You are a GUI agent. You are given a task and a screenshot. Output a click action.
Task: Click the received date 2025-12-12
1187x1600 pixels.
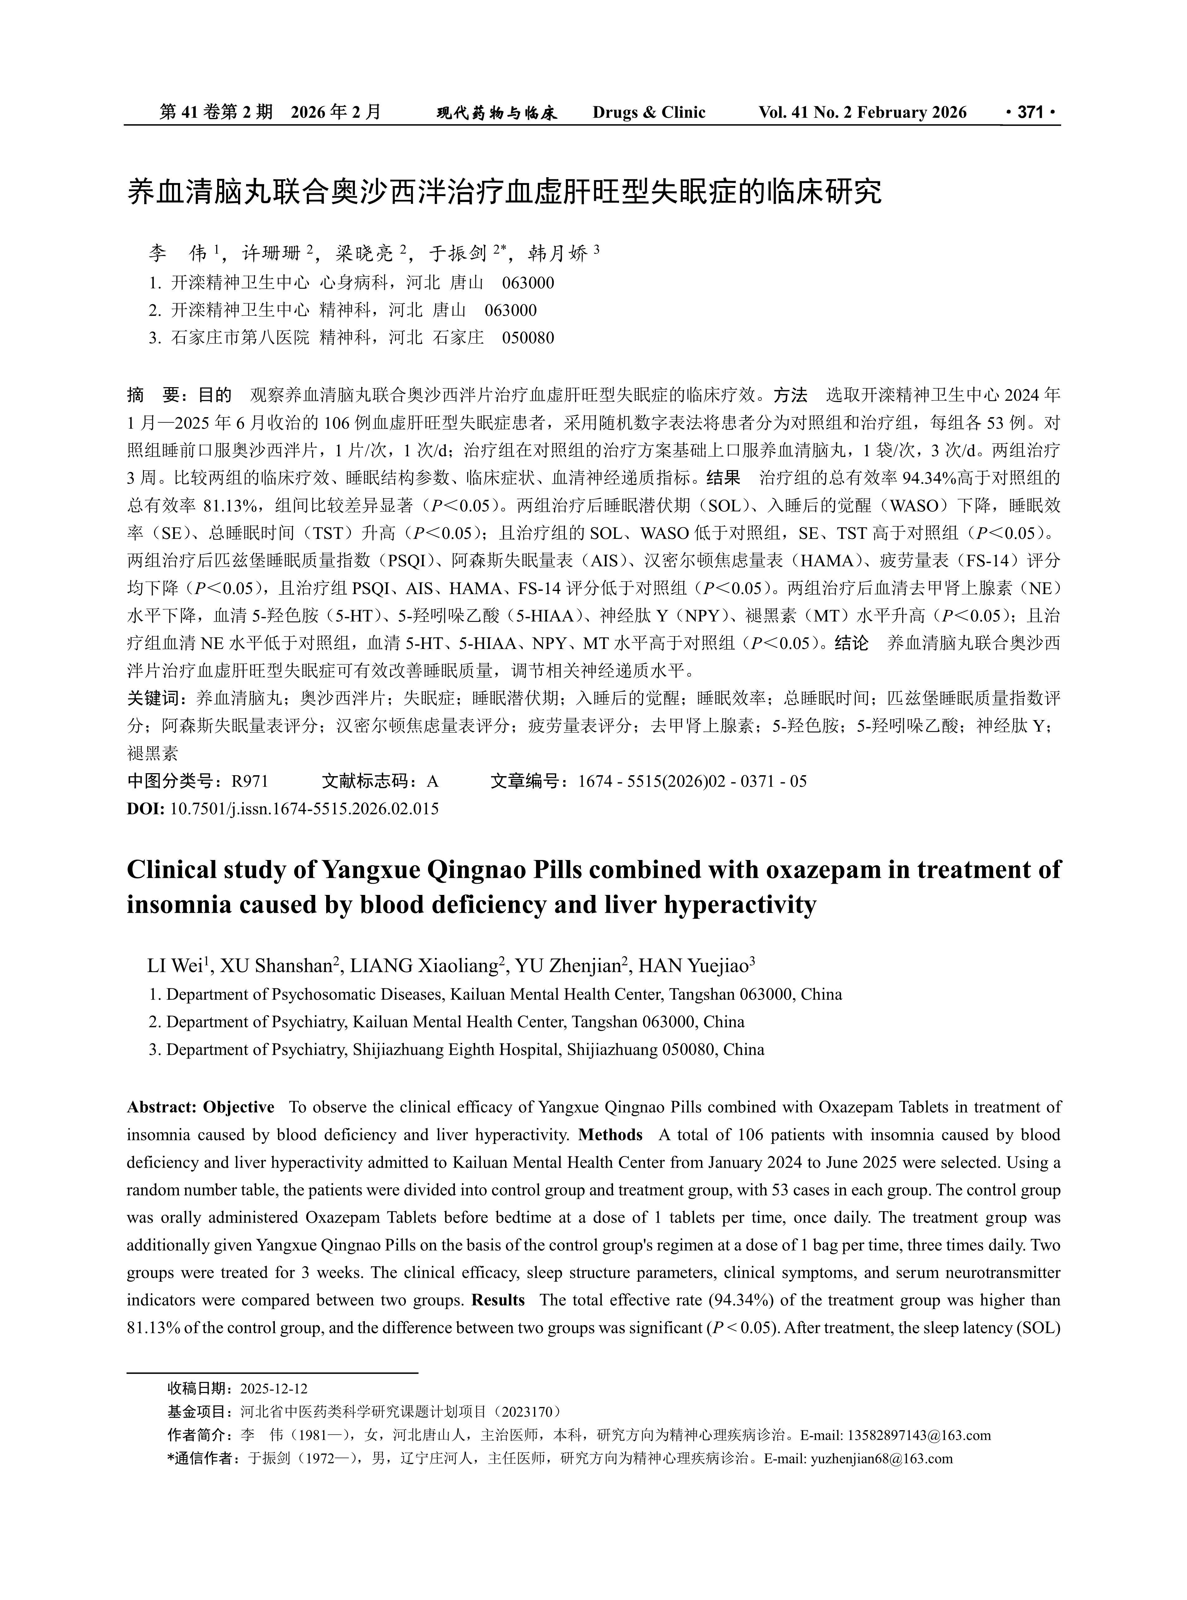click(x=274, y=1388)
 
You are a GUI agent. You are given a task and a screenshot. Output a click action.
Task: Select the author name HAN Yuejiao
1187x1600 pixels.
click(x=694, y=966)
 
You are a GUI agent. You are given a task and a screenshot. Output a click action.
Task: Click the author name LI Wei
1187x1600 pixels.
click(x=174, y=966)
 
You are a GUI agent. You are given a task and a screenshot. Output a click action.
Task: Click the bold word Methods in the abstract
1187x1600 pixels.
click(x=610, y=1135)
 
